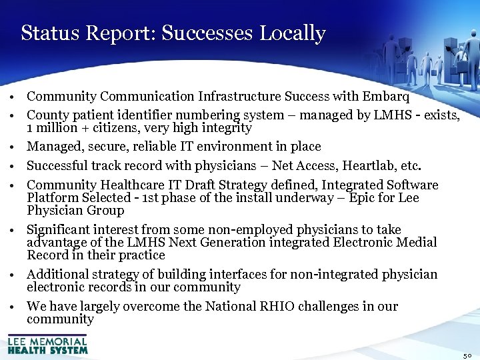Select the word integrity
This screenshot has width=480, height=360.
point(225,128)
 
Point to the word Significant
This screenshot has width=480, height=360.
point(59,229)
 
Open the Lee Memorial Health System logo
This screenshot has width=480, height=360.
point(47,345)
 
